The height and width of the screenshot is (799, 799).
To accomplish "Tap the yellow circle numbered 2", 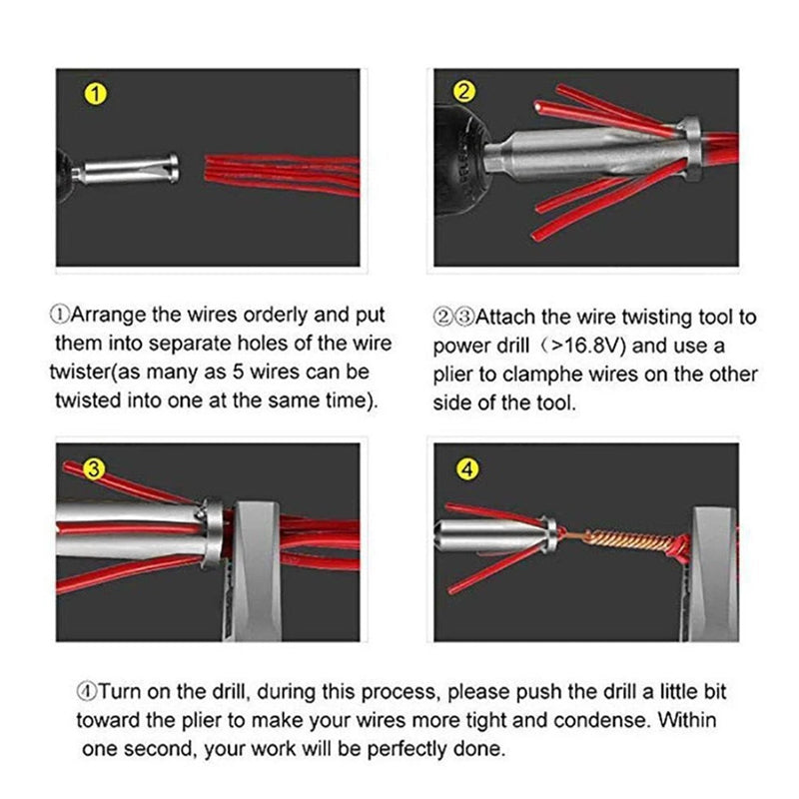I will coord(463,93).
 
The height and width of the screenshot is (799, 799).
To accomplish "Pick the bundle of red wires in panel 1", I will coord(280,171).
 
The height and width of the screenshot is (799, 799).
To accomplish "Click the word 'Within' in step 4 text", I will coord(689,720).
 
